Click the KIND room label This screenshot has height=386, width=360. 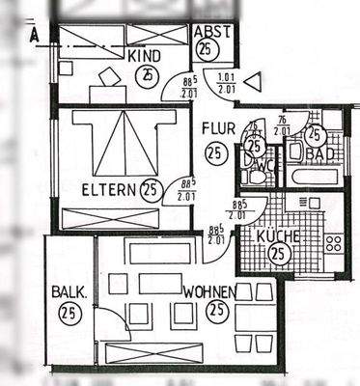145,56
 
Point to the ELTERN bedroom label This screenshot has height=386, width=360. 108,187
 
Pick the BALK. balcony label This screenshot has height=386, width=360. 69,290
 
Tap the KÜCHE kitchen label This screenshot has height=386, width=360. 278,236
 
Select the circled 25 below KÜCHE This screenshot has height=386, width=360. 278,255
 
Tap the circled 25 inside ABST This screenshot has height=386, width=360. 205,50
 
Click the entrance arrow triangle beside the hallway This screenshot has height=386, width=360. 253,83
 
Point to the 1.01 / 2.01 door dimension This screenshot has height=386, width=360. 227,85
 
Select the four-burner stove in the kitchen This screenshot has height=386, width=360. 334,242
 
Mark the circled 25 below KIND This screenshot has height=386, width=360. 146,74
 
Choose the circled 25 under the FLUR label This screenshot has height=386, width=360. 215,152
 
